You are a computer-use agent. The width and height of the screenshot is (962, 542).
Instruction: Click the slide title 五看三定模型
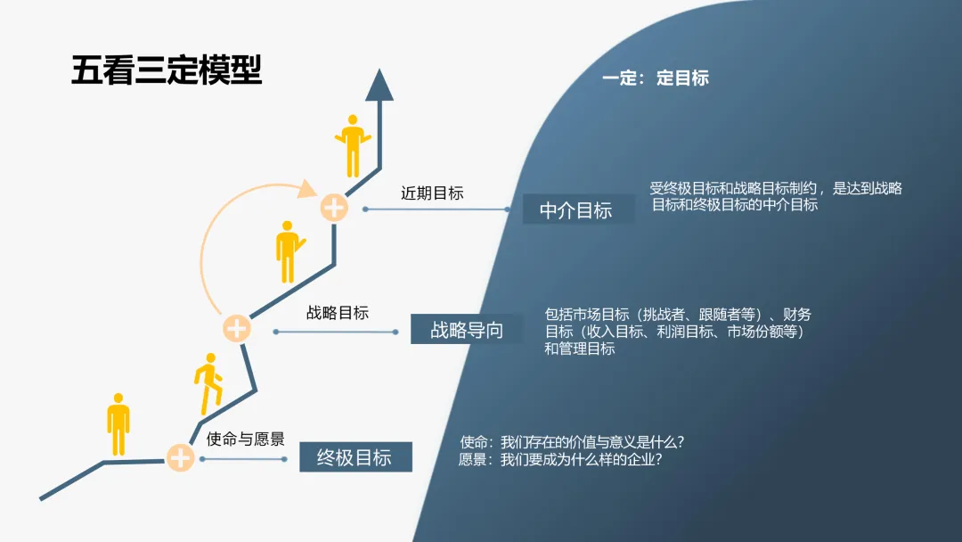tap(167, 70)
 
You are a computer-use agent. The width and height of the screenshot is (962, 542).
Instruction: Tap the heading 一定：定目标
tap(655, 78)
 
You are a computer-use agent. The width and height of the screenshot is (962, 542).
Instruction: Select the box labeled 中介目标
tap(576, 210)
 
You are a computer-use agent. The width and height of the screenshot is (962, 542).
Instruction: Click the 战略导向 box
tap(467, 330)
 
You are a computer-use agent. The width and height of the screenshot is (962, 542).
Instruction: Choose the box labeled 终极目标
tap(355, 457)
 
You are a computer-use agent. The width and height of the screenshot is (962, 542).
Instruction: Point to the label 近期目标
tap(432, 193)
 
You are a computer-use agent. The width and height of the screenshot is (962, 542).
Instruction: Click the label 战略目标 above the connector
tap(338, 313)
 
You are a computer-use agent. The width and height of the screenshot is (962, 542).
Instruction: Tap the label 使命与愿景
tap(246, 439)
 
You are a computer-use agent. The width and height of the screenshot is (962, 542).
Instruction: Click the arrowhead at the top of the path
tap(379, 85)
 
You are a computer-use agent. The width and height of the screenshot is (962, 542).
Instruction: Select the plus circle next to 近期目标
tap(334, 209)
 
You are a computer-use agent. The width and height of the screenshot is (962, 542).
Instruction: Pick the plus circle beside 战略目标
tap(236, 329)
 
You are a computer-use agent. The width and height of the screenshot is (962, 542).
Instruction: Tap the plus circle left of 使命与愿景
tap(181, 458)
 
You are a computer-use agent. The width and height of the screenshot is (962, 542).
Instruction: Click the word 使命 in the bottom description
tap(474, 442)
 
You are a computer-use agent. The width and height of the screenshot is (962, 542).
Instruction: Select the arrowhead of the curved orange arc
tap(308, 189)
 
